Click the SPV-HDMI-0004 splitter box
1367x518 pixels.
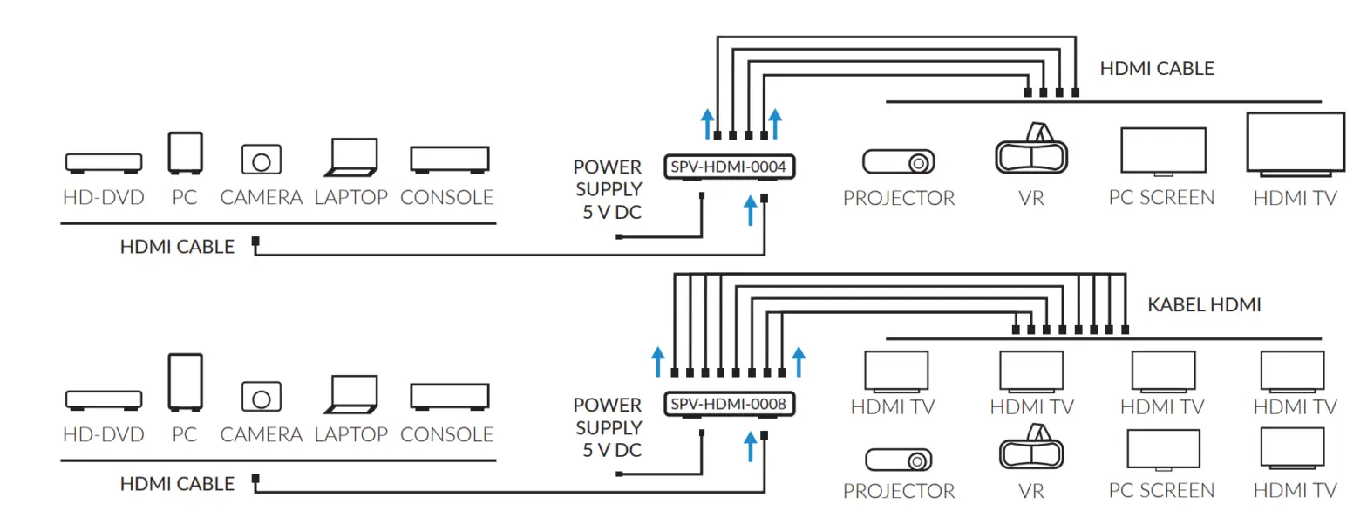click(731, 165)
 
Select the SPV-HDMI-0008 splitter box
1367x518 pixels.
click(731, 404)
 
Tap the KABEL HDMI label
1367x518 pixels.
click(1204, 305)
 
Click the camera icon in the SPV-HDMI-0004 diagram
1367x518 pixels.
click(261, 160)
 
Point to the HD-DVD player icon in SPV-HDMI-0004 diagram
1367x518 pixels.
click(103, 162)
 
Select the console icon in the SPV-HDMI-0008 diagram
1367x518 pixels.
click(449, 397)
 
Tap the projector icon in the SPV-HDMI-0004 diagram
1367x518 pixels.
click(898, 162)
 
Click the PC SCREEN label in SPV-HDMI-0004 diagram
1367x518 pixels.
click(1161, 198)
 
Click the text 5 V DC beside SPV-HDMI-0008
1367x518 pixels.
click(612, 451)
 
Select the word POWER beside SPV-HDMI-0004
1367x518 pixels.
click(607, 167)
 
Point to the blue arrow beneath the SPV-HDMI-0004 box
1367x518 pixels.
click(749, 210)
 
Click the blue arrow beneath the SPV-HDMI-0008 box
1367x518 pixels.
click(749, 447)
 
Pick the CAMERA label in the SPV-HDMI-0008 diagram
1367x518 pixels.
click(261, 434)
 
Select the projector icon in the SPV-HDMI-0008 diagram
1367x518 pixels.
click(898, 459)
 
